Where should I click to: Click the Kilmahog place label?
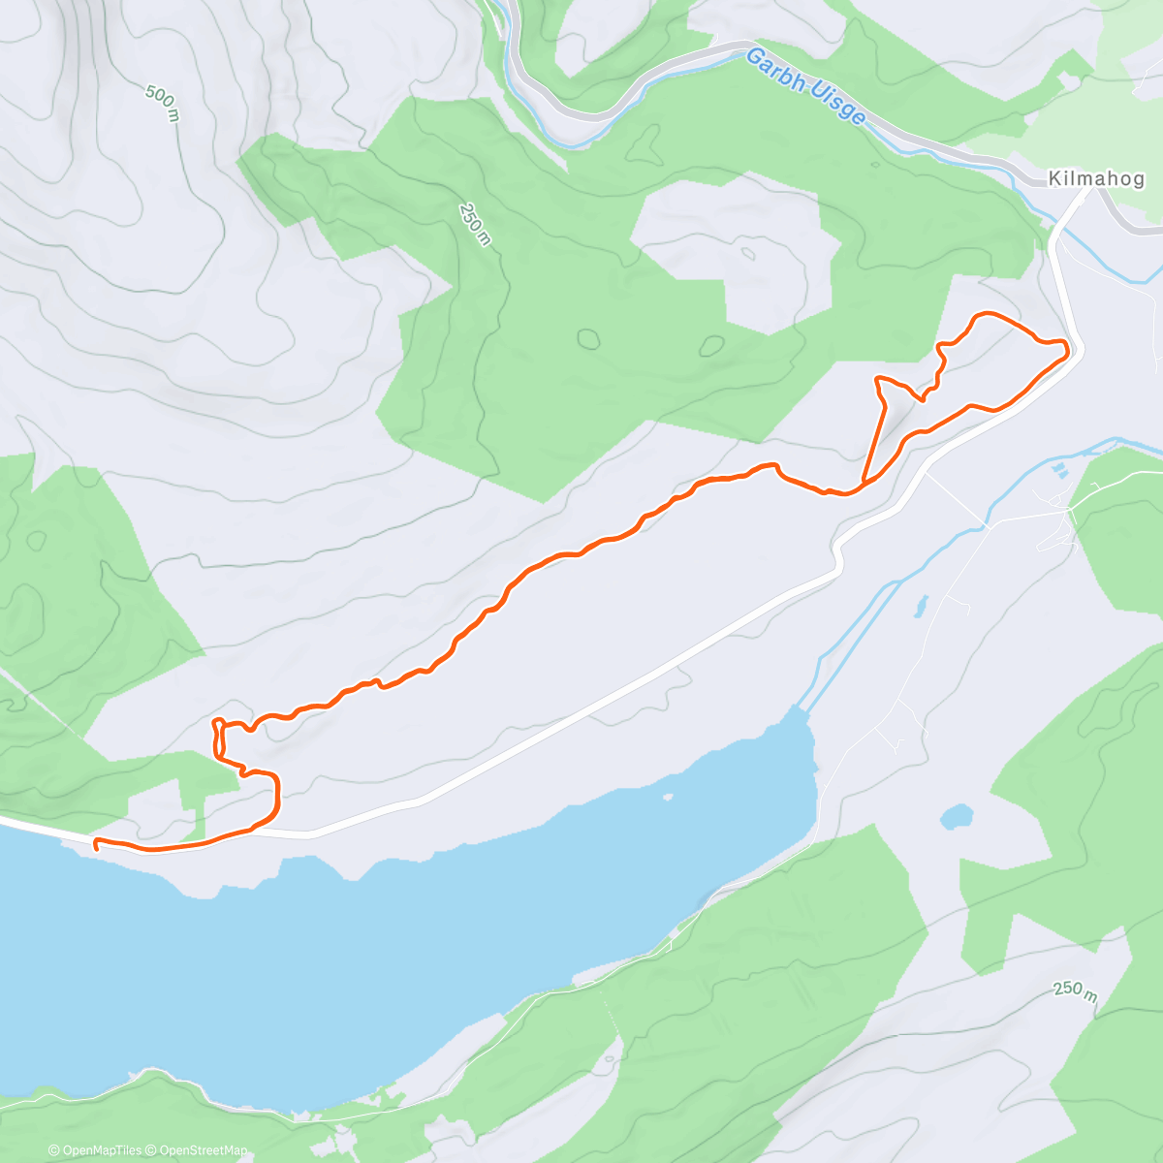click(x=1096, y=179)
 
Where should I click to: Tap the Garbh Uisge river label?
click(x=805, y=87)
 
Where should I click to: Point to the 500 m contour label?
click(x=163, y=104)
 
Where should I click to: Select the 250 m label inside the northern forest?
click(x=475, y=225)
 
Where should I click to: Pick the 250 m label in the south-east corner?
click(x=1075, y=991)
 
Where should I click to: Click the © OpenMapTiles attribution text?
click(x=96, y=1150)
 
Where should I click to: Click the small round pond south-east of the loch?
click(x=957, y=816)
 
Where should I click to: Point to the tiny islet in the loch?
click(x=667, y=798)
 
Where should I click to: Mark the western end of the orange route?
click(x=96, y=847)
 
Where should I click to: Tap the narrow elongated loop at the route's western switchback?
click(x=218, y=737)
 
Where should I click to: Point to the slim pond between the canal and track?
click(x=918, y=607)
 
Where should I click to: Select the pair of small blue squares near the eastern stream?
click(x=1059, y=471)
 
